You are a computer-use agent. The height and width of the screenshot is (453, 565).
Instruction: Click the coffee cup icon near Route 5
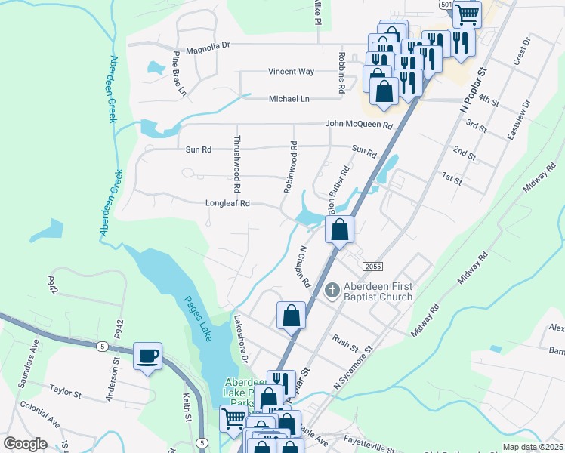(x=147, y=356)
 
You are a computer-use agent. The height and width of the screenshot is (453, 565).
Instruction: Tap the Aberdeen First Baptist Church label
(x=378, y=291)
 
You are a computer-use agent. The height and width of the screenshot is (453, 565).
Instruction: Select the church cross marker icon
(x=331, y=291)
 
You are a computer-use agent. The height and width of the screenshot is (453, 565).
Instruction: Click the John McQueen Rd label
(x=360, y=125)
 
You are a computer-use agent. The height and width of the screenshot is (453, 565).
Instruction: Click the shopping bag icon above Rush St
(x=291, y=316)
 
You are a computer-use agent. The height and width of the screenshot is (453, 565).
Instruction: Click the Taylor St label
(x=66, y=392)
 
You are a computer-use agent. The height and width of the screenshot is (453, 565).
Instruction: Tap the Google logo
(x=25, y=443)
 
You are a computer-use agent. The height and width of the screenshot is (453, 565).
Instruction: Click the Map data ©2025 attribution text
(x=533, y=447)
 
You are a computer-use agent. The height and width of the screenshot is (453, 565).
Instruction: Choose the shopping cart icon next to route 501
(x=467, y=13)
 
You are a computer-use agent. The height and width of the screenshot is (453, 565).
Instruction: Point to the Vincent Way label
(x=291, y=72)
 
